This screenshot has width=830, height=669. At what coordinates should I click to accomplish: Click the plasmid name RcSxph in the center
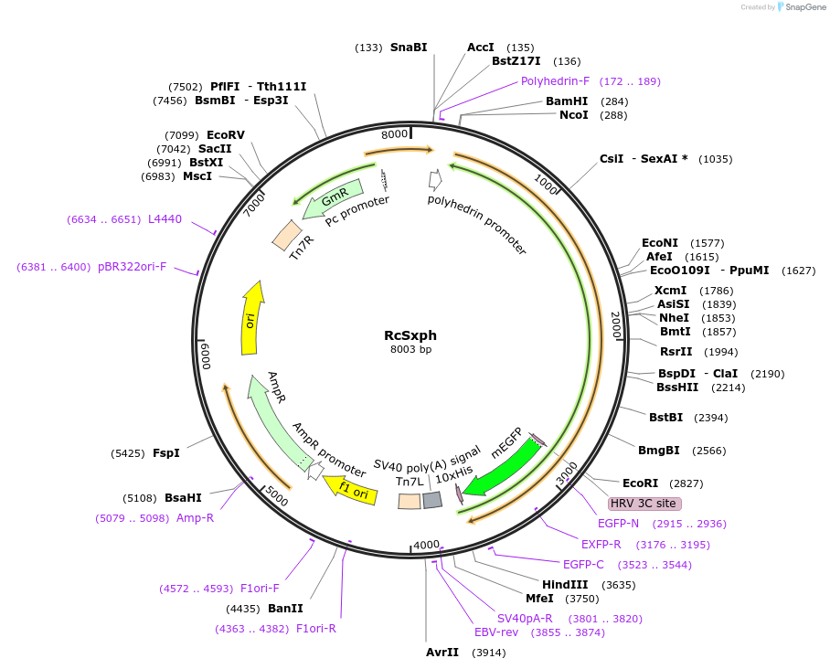[x=410, y=334]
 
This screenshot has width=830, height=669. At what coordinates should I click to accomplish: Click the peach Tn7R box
[x=287, y=235]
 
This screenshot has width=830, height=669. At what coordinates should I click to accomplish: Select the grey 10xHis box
[x=432, y=500]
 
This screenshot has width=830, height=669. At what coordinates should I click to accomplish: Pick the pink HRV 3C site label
[x=644, y=504]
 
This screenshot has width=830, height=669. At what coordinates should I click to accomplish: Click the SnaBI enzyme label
[x=409, y=47]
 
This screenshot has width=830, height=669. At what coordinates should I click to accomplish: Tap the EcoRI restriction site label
[x=640, y=483]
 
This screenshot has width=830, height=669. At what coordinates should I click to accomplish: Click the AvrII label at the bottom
[x=442, y=653]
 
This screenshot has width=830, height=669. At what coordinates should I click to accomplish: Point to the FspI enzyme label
[x=165, y=452]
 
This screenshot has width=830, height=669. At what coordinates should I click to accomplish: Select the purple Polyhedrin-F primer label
[x=556, y=80]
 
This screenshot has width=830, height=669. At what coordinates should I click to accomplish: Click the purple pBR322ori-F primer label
[x=133, y=267]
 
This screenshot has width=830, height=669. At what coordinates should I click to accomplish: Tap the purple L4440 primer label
[x=165, y=218]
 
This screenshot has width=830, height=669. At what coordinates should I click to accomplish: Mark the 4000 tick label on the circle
[x=427, y=545]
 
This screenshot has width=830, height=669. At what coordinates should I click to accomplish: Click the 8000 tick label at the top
[x=394, y=134]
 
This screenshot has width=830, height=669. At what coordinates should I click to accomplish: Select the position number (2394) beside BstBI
[x=710, y=418]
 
